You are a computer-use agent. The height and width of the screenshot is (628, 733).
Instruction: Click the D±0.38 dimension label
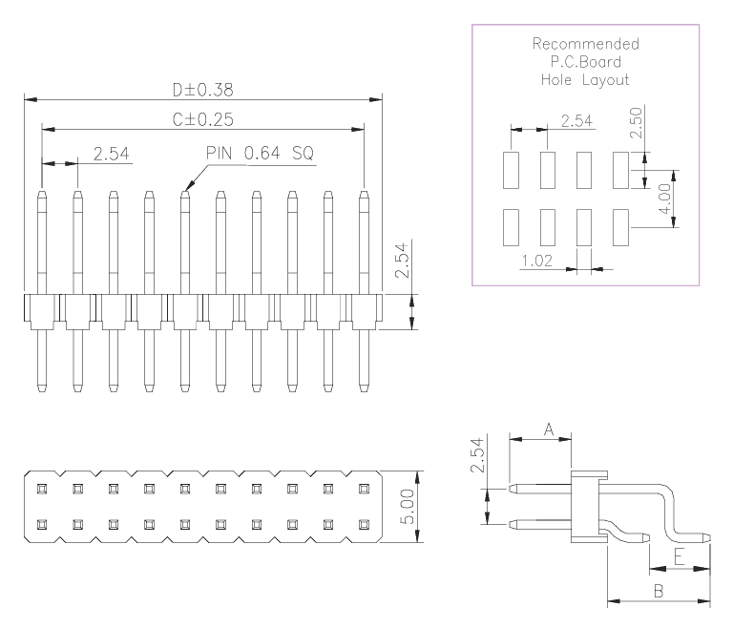(x=203, y=90)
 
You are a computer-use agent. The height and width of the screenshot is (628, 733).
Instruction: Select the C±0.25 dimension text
(x=203, y=119)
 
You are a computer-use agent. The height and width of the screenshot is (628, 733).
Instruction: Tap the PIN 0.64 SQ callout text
(x=260, y=153)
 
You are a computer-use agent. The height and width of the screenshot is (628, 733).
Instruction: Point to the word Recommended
(x=586, y=44)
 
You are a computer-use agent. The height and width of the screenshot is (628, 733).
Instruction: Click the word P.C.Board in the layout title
(x=586, y=62)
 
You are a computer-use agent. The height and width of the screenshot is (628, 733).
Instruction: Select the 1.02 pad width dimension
(x=536, y=261)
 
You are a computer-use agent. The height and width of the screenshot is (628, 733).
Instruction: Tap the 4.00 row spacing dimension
(x=664, y=199)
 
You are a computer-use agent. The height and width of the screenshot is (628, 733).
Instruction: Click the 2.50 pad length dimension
(x=637, y=122)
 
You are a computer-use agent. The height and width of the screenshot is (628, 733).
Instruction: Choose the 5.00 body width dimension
(x=408, y=507)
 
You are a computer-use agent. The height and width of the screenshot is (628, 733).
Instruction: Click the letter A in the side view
(x=549, y=429)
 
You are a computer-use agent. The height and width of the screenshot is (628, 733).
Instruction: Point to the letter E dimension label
(x=680, y=557)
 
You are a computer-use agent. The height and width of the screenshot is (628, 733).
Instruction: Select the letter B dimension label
(x=659, y=591)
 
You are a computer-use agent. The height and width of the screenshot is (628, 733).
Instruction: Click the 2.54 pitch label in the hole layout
(x=576, y=120)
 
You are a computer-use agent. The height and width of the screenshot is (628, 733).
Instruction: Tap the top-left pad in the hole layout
(x=511, y=170)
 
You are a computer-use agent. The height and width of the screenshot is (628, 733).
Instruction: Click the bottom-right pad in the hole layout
(x=620, y=227)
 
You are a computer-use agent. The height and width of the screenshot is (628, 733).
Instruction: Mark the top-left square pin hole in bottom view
(x=42, y=489)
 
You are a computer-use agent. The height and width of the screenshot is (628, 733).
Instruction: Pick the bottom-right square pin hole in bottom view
(x=365, y=525)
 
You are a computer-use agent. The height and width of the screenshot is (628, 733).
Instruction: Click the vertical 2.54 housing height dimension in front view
(x=402, y=261)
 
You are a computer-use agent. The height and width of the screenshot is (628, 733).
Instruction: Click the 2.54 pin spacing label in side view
(x=477, y=455)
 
